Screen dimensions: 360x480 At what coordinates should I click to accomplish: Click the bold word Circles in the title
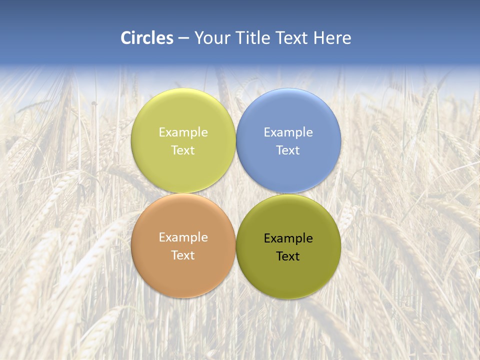click(147, 38)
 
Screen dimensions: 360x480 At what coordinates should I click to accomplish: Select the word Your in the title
click(210, 38)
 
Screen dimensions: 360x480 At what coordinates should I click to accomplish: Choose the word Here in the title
click(332, 38)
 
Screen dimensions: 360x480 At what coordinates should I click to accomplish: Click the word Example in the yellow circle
click(183, 132)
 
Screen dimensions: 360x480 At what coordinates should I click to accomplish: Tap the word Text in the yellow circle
click(183, 150)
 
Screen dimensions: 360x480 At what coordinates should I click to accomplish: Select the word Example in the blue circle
click(288, 132)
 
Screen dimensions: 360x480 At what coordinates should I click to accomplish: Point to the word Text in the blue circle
click(288, 150)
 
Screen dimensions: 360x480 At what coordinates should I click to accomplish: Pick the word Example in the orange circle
click(183, 237)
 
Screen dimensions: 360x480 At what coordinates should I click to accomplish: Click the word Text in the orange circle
click(183, 255)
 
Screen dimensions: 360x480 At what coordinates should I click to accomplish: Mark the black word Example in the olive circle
click(288, 238)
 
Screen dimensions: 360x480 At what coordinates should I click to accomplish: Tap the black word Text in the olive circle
click(288, 256)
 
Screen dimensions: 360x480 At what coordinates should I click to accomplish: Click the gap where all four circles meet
click(236, 193)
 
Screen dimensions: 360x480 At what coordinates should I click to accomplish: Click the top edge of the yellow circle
click(183, 89)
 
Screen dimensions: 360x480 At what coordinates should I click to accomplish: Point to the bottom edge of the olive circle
click(288, 298)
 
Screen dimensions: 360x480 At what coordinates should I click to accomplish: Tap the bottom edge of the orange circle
click(183, 297)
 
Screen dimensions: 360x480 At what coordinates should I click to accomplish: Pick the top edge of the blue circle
click(288, 89)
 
